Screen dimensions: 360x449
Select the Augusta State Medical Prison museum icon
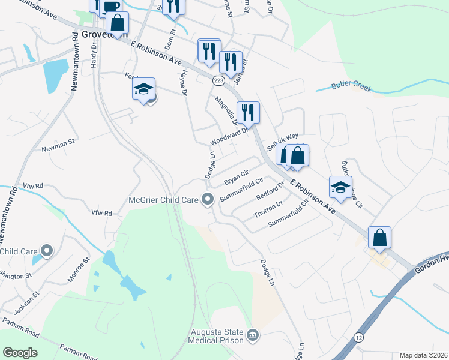coord(253,334)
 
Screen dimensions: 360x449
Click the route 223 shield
coord(218,80)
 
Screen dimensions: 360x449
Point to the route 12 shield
coord(358,337)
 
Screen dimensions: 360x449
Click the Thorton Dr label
coord(268,207)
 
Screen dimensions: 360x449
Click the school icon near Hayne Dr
coord(143,90)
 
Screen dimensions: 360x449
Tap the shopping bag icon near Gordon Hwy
coord(379,238)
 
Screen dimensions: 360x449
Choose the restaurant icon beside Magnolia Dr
coord(248,112)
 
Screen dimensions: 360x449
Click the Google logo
coord(20,353)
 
